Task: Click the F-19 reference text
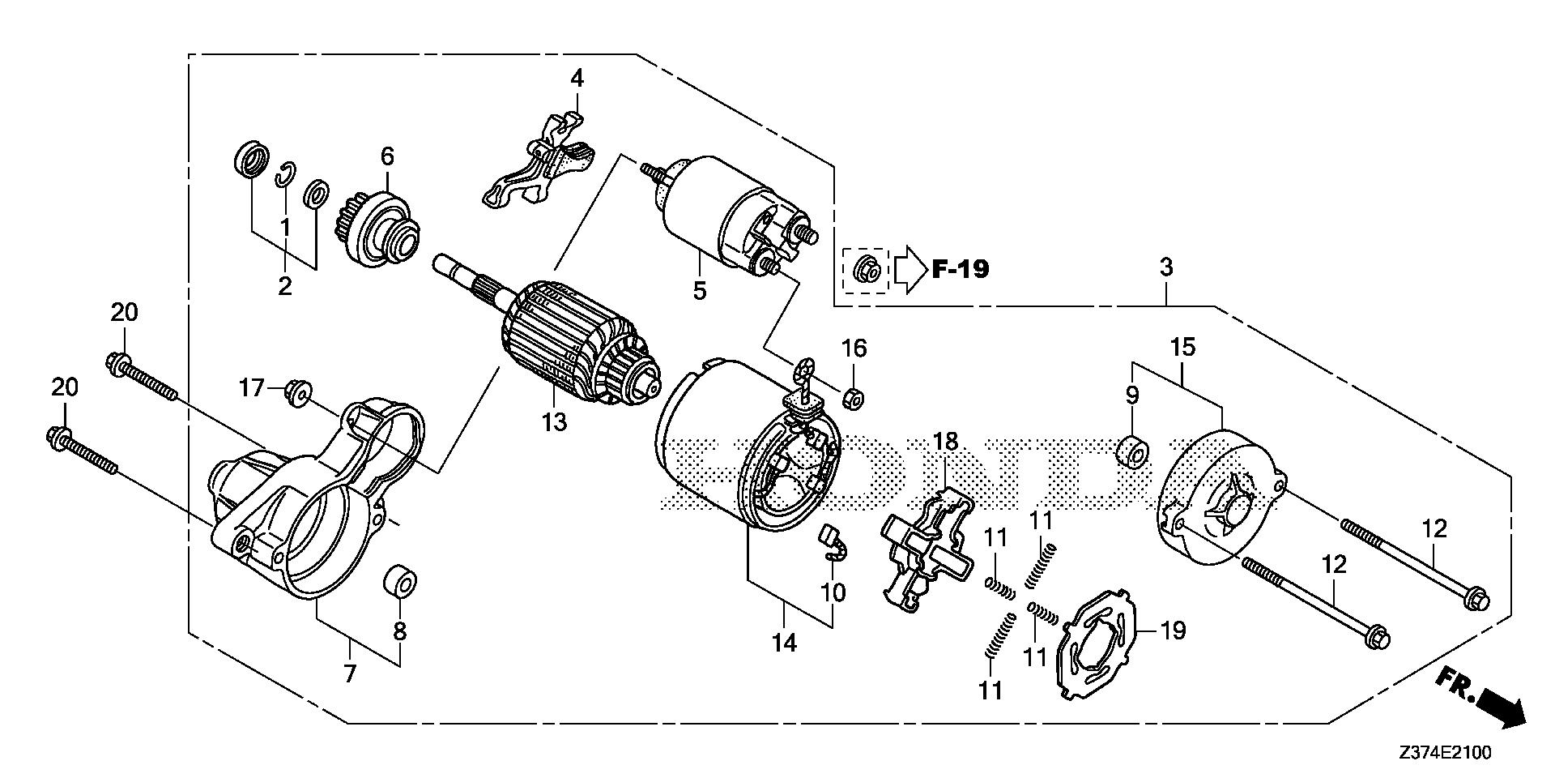tap(960, 268)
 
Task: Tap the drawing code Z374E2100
tap(1443, 753)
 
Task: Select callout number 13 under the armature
tap(555, 422)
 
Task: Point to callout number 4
tap(577, 79)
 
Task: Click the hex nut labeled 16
tap(853, 397)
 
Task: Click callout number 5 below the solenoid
tap(700, 289)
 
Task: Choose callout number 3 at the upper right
tap(1165, 267)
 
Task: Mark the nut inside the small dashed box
tap(866, 267)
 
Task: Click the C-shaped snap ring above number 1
tap(285, 174)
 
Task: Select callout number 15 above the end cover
tap(1182, 348)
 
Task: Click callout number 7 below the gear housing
tap(350, 673)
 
